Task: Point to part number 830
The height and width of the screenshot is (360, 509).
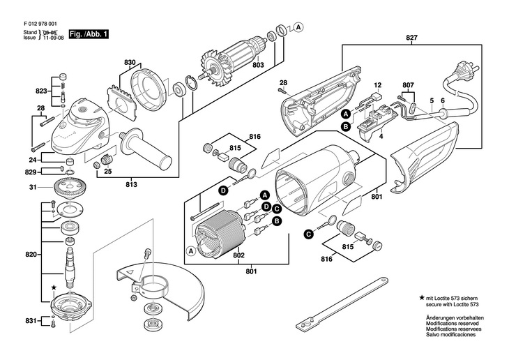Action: coord(130,63)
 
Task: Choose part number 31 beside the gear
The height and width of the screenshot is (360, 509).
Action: coord(32,187)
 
